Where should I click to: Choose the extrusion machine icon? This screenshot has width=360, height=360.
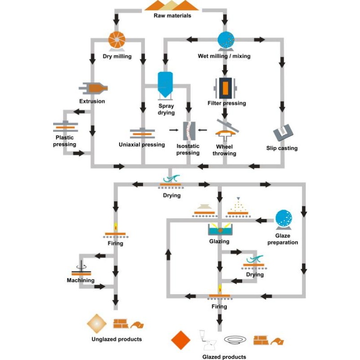coord(94,88)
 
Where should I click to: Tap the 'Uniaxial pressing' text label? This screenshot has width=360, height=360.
coord(142,145)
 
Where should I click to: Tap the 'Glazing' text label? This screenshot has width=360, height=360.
coord(219,242)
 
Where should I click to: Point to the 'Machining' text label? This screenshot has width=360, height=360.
coord(81,280)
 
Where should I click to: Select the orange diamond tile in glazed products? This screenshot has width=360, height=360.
coord(181,340)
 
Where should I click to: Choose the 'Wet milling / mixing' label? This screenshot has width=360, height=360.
coord(224,56)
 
